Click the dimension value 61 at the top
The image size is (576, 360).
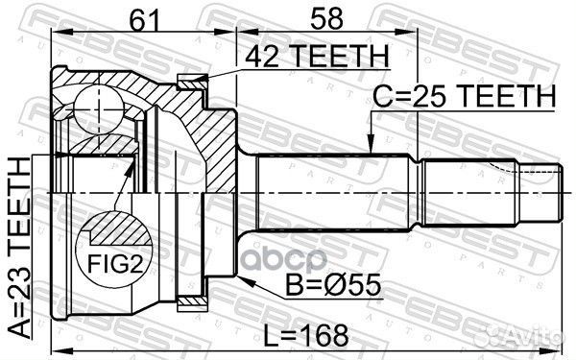pyautogui.click(x=143, y=16)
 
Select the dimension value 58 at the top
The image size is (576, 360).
pyautogui.click(x=326, y=16)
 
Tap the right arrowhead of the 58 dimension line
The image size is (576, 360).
pyautogui.click(x=415, y=31)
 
